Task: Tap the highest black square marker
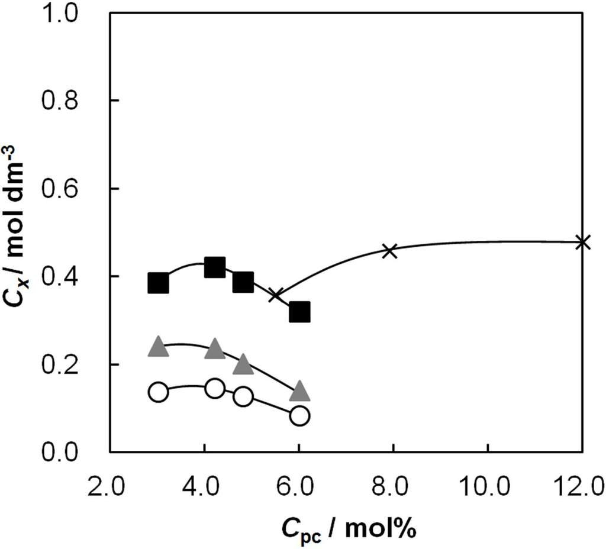(215, 267)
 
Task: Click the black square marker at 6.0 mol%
(299, 311)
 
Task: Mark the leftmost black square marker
(158, 283)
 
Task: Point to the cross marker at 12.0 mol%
(582, 241)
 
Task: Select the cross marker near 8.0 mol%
(389, 250)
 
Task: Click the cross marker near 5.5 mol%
(276, 295)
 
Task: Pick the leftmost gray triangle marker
(158, 347)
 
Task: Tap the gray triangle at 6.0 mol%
(299, 391)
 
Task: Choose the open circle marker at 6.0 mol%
(299, 416)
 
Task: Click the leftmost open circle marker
(158, 392)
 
